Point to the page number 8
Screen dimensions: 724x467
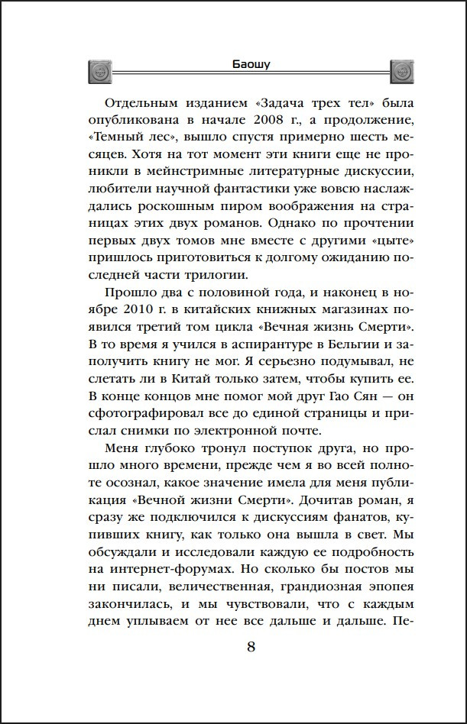pyautogui.click(x=251, y=648)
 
